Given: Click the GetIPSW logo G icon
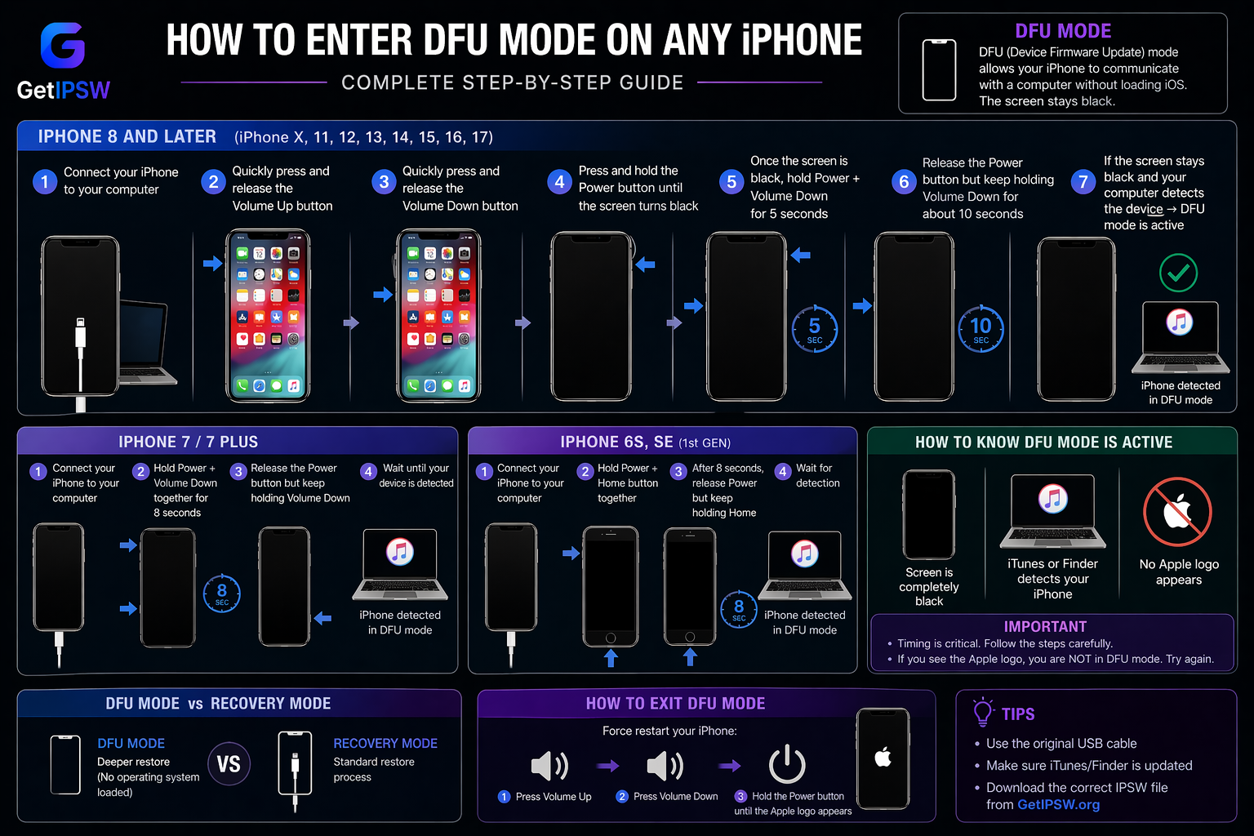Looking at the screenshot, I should (x=63, y=45).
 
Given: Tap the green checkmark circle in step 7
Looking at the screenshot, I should (x=1178, y=273).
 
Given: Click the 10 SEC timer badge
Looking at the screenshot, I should (x=981, y=329).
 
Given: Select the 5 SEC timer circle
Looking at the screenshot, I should (x=815, y=329).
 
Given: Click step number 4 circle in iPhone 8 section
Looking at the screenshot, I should (x=559, y=181).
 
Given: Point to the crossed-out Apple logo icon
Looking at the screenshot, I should (x=1177, y=512).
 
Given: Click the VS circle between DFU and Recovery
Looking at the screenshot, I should (x=229, y=764).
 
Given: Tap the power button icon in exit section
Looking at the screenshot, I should (x=787, y=763).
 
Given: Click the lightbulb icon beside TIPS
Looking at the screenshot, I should (x=983, y=712).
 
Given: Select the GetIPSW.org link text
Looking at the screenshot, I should (x=1058, y=805).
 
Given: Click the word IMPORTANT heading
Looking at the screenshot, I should (x=1045, y=627).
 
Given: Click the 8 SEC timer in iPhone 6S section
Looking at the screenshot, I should (x=739, y=609).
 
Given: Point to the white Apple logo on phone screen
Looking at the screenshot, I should (x=883, y=757).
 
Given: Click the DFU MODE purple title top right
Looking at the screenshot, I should (x=1062, y=31).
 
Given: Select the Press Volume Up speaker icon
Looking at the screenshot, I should (x=549, y=766).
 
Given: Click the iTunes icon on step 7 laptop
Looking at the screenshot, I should (x=1179, y=322).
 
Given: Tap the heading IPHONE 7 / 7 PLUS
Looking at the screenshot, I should (x=188, y=442).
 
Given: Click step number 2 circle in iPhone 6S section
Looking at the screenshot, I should (x=585, y=471).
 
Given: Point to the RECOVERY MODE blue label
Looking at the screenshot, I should (x=385, y=743).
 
